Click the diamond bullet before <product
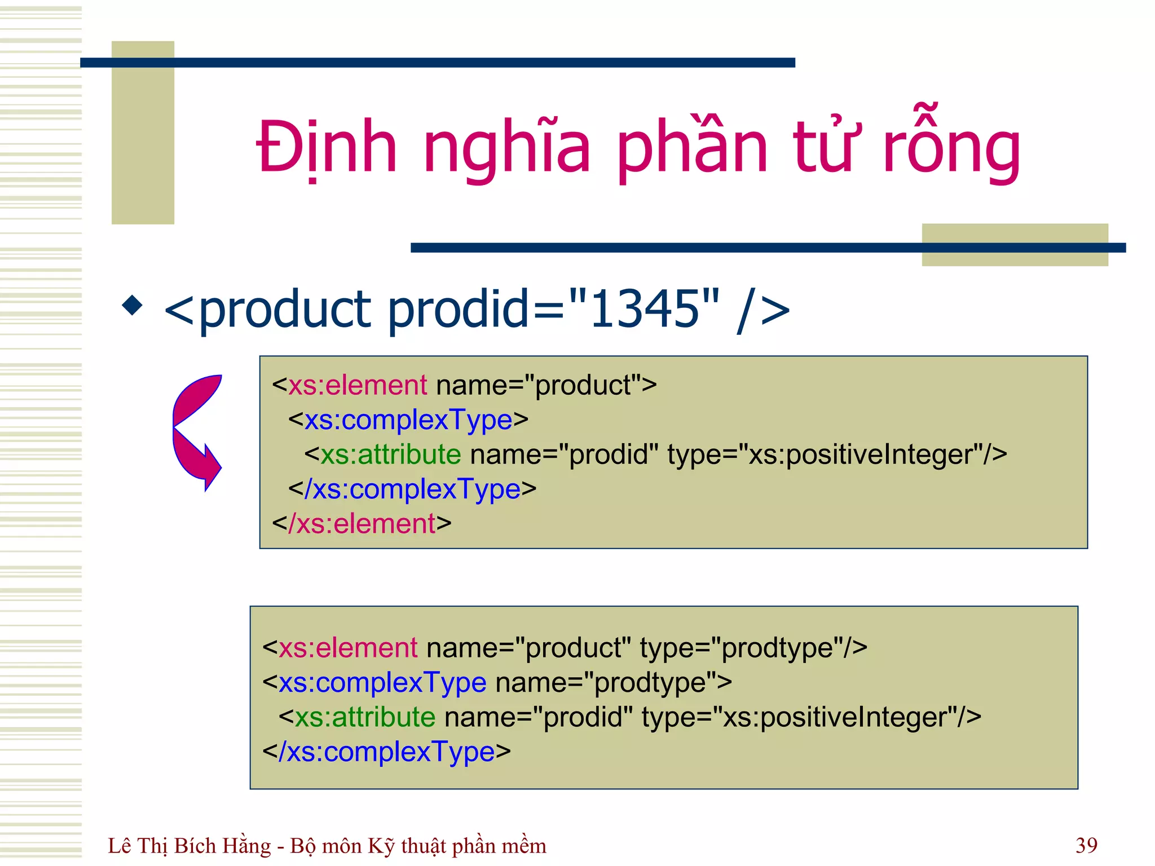[x=133, y=305]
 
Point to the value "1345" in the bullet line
[x=645, y=308]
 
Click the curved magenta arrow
[x=196, y=431]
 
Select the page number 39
[x=1086, y=845]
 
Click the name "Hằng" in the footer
[x=246, y=846]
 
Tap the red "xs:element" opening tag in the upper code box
[x=358, y=386]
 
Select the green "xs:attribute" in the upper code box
[x=391, y=455]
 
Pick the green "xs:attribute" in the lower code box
[x=365, y=718]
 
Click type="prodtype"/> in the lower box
[x=753, y=648]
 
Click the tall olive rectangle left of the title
[x=143, y=132]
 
